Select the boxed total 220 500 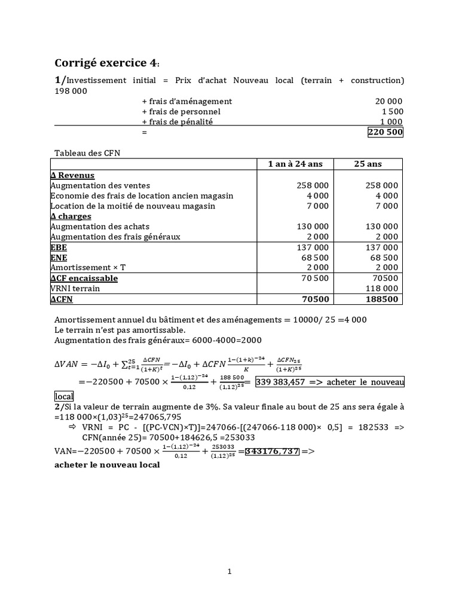pos(385,132)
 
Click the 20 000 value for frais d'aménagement pos(388,101)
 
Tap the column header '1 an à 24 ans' pos(295,164)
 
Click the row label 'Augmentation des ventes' pos(100,185)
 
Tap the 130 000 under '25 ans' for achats pos(381,227)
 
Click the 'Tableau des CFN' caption pos(87,153)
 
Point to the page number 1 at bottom pos(229,571)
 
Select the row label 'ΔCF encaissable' pos(84,278)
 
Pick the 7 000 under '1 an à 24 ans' pos(317,206)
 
